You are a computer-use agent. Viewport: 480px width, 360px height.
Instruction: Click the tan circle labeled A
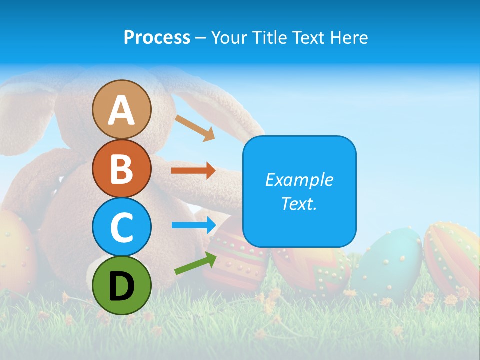pos(121,109)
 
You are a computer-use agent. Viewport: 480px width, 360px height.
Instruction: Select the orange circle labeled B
pos(121,168)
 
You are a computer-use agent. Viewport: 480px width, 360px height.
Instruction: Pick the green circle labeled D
pos(121,285)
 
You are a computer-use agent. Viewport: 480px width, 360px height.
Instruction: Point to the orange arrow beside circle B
pos(193,171)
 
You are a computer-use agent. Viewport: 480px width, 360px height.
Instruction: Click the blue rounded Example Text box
pos(299,191)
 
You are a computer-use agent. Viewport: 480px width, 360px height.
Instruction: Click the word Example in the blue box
pos(299,180)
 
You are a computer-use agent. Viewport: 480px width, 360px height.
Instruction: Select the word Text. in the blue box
pos(299,203)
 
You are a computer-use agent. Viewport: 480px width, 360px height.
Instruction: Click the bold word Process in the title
pos(157,37)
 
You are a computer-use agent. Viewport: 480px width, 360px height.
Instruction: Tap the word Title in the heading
pos(268,37)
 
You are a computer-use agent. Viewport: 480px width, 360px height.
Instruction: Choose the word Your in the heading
pos(228,37)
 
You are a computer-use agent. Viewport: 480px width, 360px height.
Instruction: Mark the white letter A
pos(121,110)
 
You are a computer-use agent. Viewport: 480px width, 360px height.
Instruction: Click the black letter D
pos(121,286)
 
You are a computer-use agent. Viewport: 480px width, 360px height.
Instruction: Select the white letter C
pos(121,227)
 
